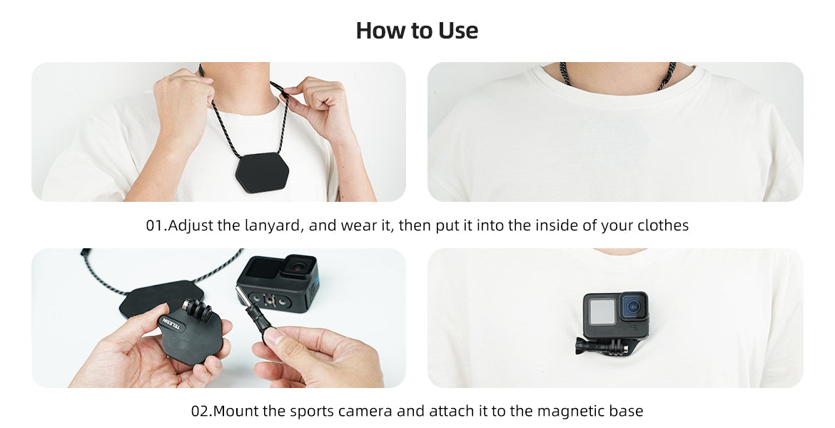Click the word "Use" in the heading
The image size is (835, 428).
click(458, 31)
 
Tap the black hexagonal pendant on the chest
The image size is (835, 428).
click(262, 172)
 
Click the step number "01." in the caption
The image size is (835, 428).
click(156, 225)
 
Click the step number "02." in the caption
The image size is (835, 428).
click(202, 412)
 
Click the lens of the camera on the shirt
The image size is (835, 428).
click(633, 307)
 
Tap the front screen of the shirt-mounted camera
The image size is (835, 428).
click(602, 312)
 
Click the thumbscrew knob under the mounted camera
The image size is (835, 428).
click(583, 346)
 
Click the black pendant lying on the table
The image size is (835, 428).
click(160, 297)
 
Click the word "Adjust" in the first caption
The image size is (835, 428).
click(191, 225)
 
